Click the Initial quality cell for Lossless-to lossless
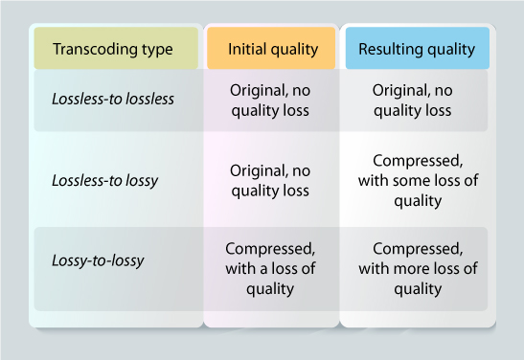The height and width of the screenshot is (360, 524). [270, 100]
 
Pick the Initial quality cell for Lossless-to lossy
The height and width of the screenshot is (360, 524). [270, 181]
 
